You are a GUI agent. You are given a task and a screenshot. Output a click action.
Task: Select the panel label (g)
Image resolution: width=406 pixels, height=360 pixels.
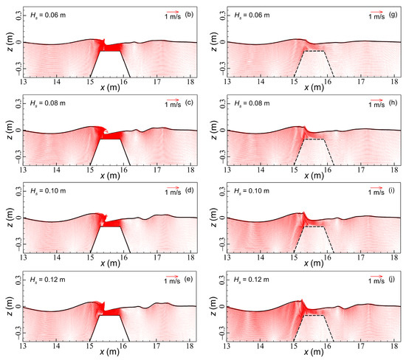tap(393, 14)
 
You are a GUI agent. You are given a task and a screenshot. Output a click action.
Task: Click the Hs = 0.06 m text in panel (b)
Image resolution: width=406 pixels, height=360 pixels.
tap(47, 14)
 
